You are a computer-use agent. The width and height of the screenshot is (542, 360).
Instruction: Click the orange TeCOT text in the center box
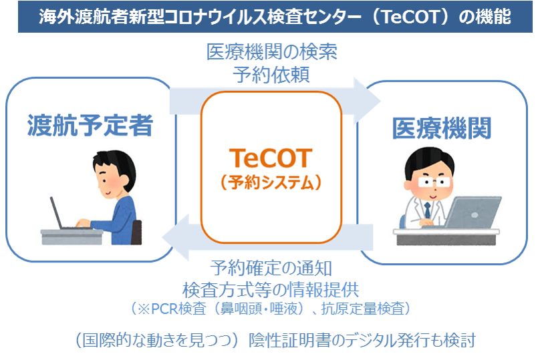(271, 158)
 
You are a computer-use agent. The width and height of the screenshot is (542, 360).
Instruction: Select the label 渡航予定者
(90, 125)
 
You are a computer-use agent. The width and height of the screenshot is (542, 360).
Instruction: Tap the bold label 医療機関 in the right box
(442, 128)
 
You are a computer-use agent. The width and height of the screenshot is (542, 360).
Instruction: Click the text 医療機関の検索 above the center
(272, 52)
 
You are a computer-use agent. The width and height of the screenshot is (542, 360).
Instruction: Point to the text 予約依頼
(271, 75)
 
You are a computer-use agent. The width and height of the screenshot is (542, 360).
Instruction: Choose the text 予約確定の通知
(271, 268)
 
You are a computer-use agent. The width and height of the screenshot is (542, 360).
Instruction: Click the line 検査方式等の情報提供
(271, 289)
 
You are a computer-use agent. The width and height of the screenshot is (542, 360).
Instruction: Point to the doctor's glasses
(434, 182)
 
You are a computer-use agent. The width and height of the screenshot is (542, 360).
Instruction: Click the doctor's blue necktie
(428, 210)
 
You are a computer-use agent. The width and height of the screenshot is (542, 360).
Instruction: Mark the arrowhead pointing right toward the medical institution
(368, 102)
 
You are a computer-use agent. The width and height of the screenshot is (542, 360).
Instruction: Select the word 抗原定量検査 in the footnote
(363, 309)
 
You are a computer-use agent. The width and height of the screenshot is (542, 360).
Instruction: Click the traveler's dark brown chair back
(137, 232)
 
